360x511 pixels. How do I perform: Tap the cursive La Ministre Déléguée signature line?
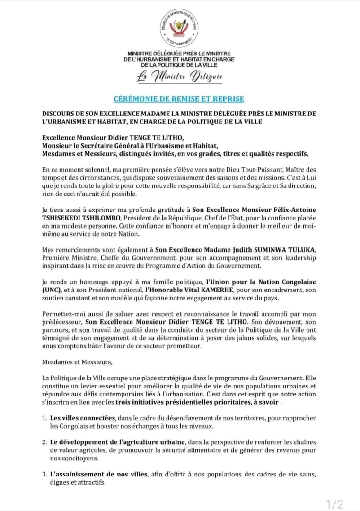179,77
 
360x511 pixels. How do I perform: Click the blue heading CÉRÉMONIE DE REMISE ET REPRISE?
179,99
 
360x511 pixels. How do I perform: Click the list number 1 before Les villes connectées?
44,418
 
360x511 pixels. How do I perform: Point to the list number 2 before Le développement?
44,442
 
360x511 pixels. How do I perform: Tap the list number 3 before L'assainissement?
44,474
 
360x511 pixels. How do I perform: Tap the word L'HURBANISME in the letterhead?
145,59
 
